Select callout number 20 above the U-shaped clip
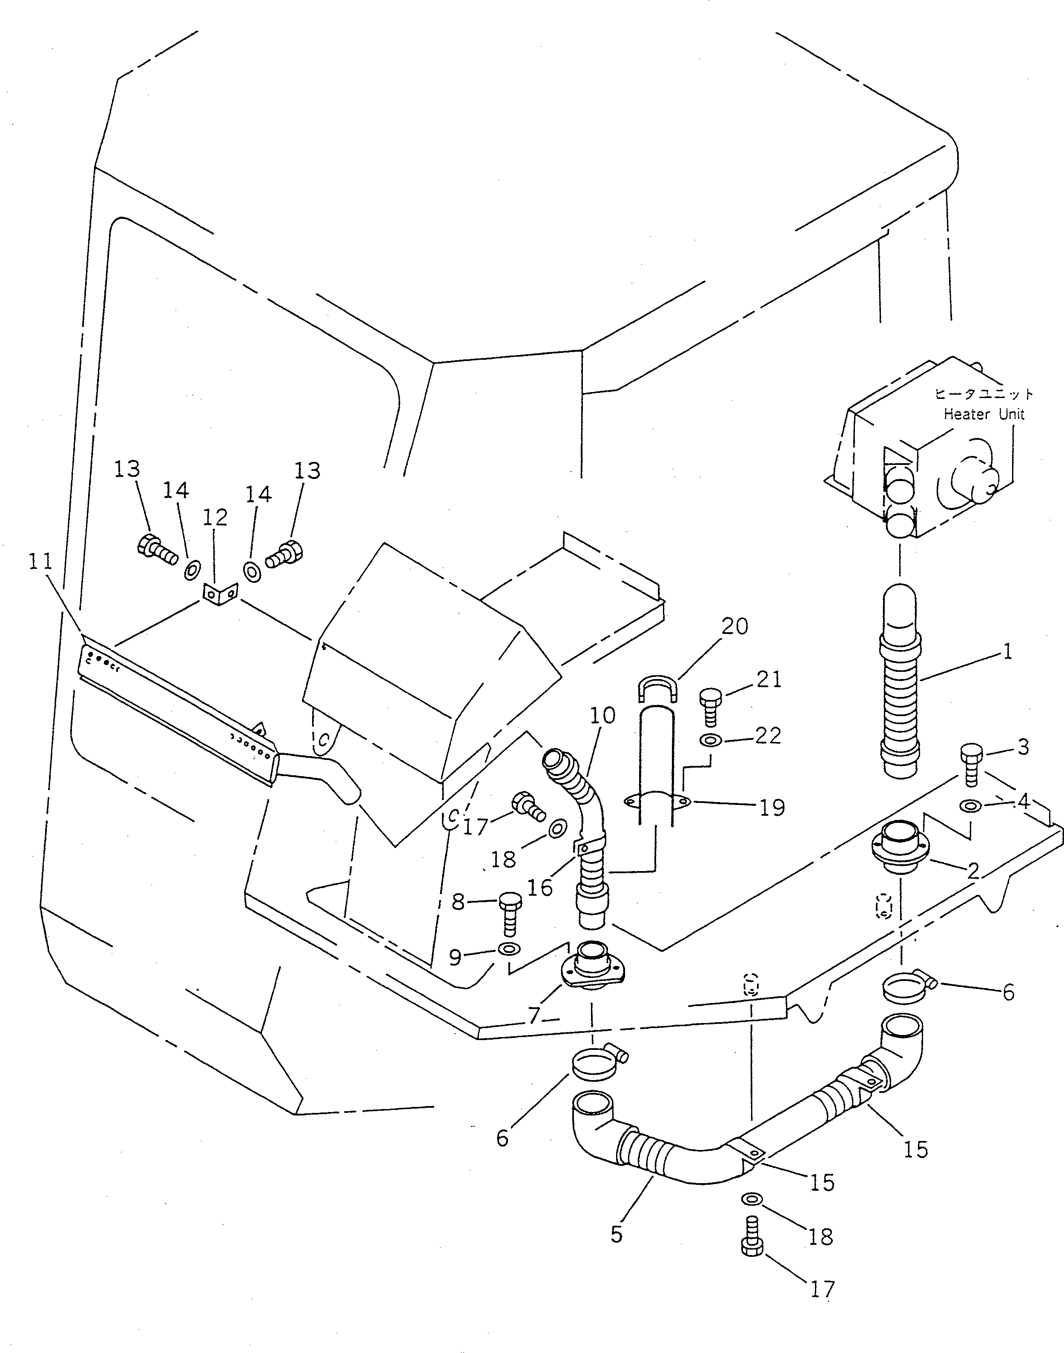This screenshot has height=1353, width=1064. coord(734,625)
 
